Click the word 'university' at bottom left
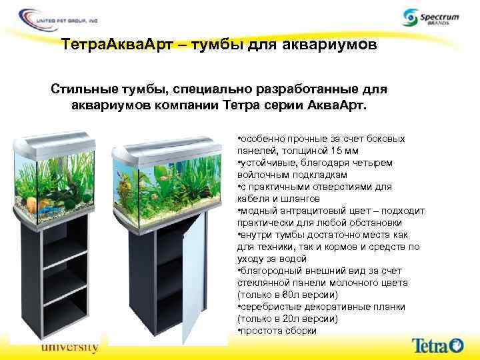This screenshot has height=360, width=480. [x=69, y=347]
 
